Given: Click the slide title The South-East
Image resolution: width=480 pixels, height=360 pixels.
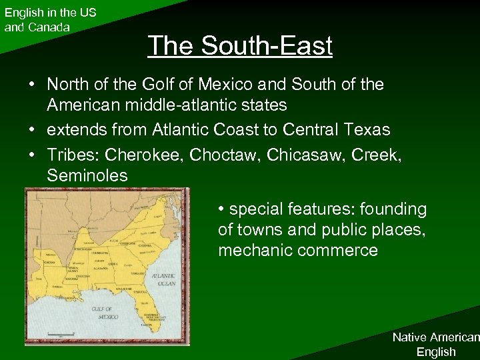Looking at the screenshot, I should click(x=240, y=46).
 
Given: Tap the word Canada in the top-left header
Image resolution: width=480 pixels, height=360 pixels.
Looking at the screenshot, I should click(x=47, y=27).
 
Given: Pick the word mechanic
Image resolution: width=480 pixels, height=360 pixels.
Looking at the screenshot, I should click(x=252, y=251).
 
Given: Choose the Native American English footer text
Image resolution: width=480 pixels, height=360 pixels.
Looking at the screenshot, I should click(x=435, y=344).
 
